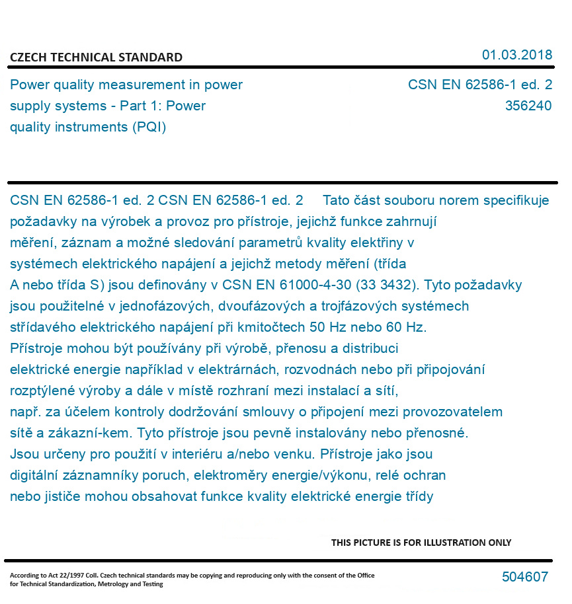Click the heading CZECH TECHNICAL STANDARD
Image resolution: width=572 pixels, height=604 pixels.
coord(96,57)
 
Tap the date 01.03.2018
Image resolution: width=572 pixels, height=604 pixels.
coord(517,55)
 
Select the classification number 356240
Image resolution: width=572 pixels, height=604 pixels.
coord(528,106)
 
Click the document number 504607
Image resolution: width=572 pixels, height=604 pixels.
coord(525,577)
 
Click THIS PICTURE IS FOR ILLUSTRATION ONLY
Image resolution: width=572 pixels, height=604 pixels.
coord(421,543)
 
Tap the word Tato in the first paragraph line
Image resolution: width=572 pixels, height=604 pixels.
coord(337,200)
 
